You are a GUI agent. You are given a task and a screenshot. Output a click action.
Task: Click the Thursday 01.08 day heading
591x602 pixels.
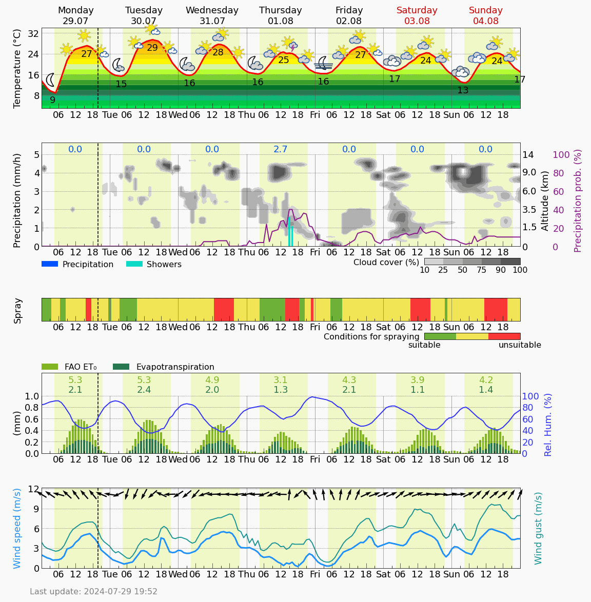(x=280, y=16)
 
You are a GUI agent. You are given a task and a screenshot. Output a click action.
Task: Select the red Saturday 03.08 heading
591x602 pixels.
(x=417, y=16)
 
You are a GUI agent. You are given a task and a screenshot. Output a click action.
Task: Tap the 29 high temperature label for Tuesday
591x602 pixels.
(x=152, y=48)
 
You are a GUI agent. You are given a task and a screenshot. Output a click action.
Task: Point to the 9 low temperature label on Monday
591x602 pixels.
(x=52, y=100)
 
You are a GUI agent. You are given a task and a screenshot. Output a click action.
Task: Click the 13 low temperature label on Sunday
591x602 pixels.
(x=463, y=90)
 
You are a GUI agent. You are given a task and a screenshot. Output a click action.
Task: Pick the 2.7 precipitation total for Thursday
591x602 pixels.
(x=281, y=149)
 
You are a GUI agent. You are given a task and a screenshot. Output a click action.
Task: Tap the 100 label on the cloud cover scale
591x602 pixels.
(x=520, y=270)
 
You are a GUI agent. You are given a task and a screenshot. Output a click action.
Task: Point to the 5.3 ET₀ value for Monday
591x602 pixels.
(x=75, y=380)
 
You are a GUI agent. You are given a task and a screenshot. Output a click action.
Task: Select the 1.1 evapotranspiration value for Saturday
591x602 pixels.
(x=418, y=390)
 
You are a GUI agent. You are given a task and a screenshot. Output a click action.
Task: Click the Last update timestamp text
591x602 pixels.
(x=93, y=592)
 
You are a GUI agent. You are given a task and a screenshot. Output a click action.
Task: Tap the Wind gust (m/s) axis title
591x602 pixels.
(x=538, y=528)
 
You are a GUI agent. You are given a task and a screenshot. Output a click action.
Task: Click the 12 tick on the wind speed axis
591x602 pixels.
(x=34, y=489)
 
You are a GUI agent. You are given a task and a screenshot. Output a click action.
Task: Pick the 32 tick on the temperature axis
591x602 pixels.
(x=34, y=34)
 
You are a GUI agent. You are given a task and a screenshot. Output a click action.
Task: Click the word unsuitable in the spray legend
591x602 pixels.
(x=520, y=345)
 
